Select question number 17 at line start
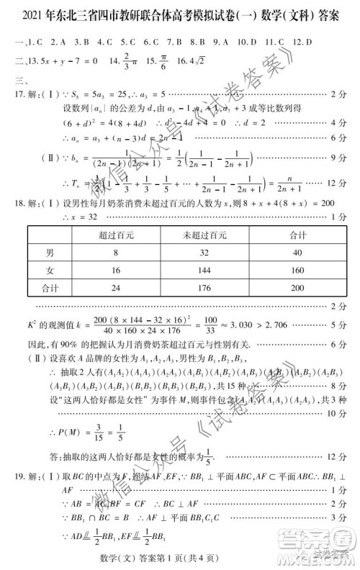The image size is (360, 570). click(x=14, y=94)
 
